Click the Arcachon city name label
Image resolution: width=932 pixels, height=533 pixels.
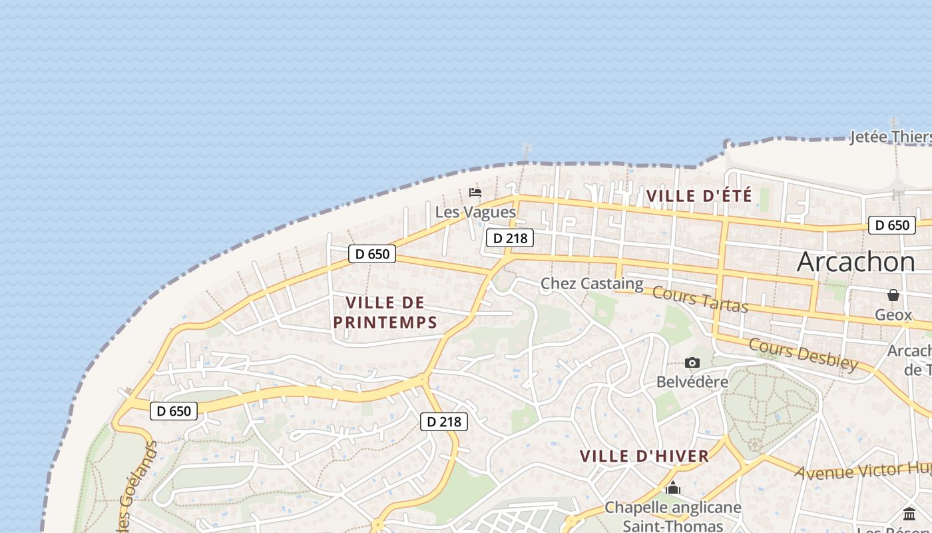(855, 262)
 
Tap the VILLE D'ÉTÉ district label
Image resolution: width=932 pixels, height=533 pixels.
(698, 196)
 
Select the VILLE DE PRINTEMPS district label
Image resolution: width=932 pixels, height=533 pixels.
(385, 312)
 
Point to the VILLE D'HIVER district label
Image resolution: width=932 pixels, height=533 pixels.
(644, 456)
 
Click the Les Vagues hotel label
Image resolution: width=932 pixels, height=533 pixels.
(475, 212)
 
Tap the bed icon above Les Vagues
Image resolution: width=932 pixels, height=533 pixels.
(475, 193)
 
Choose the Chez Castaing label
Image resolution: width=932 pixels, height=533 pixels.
(592, 284)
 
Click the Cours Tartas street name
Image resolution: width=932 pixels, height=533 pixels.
(700, 299)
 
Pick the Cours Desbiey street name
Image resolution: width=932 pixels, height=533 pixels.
(804, 354)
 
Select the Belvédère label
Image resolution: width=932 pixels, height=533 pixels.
(692, 382)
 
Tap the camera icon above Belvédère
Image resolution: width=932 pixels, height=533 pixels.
(692, 363)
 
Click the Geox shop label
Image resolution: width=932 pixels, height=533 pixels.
(893, 314)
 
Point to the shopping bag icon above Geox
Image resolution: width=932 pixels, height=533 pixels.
(893, 295)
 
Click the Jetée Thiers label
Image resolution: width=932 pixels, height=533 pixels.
(890, 137)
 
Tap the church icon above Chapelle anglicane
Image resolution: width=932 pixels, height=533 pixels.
(673, 488)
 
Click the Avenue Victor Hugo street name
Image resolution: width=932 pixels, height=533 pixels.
(863, 471)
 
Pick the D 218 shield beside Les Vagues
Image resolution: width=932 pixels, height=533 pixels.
(510, 238)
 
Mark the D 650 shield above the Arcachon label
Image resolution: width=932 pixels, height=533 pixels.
(892, 225)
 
